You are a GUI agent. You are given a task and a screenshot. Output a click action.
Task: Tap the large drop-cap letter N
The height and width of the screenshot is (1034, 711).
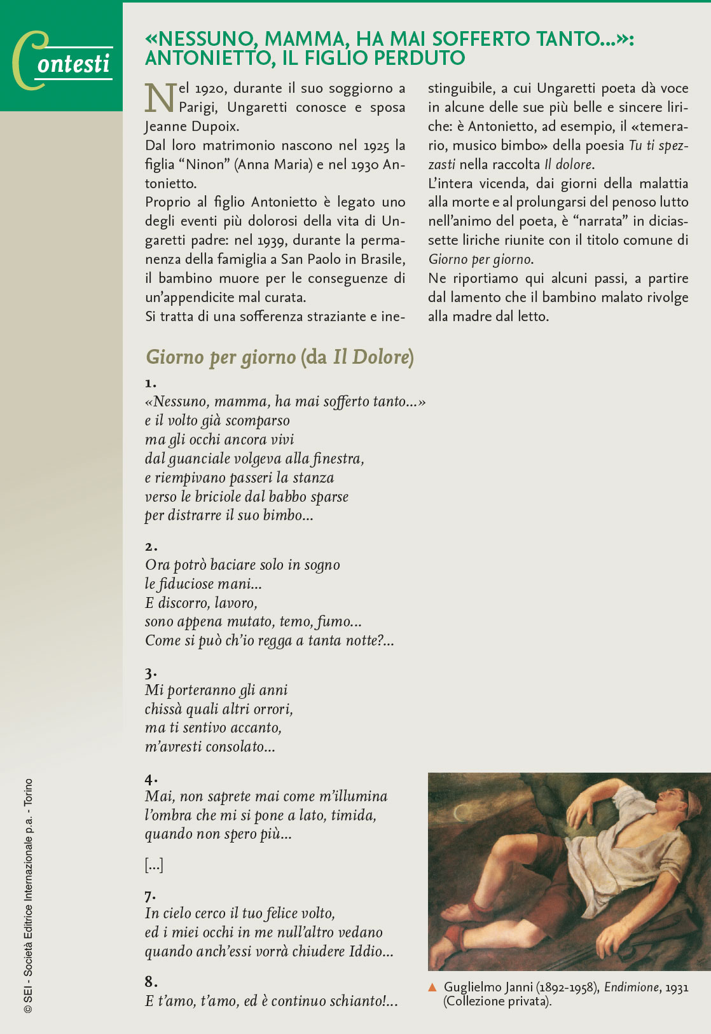pyautogui.click(x=159, y=98)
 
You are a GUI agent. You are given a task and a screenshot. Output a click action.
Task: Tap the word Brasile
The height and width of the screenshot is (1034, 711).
pyautogui.click(x=383, y=259)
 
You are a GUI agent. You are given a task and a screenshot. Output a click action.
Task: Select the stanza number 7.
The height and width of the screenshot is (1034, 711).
pyautogui.click(x=150, y=896)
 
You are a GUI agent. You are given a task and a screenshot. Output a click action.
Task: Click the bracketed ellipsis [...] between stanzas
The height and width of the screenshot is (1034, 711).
pyautogui.click(x=154, y=865)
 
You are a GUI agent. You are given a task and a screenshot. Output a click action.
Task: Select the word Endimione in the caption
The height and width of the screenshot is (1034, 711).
pyautogui.click(x=632, y=988)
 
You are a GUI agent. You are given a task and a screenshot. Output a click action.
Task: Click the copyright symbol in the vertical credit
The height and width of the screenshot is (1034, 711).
pyautogui.click(x=27, y=1009)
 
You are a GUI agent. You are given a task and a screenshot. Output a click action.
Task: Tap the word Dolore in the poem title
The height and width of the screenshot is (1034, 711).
pyautogui.click(x=378, y=357)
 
